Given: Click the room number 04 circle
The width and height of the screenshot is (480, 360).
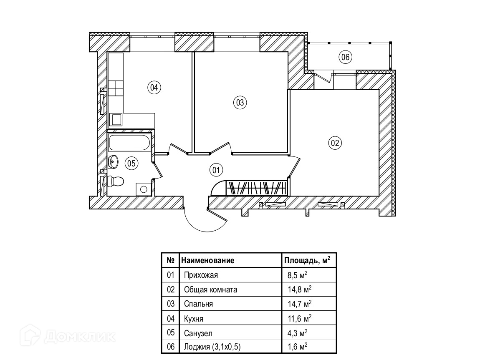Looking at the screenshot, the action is click(x=154, y=88).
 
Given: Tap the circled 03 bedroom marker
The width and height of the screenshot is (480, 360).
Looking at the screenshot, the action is click(x=240, y=102).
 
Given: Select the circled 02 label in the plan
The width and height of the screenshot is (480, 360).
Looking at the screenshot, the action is click(x=335, y=143).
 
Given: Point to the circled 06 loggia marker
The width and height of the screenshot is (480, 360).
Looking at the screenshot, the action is click(x=345, y=57).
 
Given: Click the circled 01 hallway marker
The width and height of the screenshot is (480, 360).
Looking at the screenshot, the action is click(x=216, y=170).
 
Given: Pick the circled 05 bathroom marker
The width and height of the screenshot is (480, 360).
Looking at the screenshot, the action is click(x=131, y=164).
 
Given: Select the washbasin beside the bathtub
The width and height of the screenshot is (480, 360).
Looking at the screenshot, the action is click(x=113, y=161).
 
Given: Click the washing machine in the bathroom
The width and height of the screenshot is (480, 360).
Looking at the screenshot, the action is click(x=143, y=189).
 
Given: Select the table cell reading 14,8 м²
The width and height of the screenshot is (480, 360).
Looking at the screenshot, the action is click(x=300, y=290).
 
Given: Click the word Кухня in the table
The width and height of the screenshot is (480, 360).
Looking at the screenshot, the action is click(x=194, y=319).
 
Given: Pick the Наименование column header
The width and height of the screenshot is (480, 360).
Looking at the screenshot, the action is click(x=207, y=260).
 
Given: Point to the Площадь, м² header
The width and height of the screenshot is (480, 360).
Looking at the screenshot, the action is click(x=307, y=260).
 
